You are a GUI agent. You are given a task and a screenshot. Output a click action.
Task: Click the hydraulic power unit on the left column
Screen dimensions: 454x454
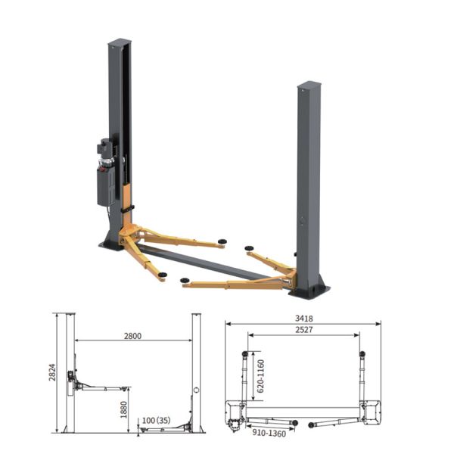point(105,174)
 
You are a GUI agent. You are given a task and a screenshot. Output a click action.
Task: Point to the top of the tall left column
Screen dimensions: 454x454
point(120,42)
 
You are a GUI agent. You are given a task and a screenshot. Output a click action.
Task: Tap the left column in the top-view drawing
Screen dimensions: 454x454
point(232,412)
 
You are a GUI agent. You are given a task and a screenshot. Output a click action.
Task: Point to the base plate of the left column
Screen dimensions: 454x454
point(110,244)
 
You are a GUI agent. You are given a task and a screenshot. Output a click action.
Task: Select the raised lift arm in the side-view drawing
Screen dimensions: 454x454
point(102,388)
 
